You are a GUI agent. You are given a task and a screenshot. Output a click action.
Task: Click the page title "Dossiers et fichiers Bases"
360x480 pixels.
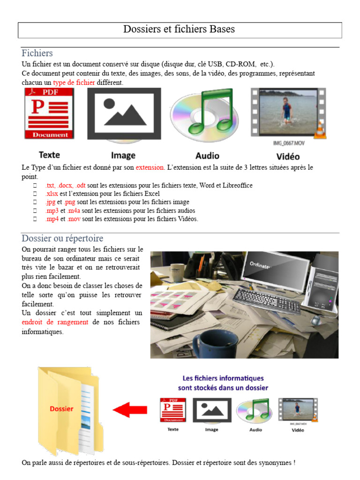tap(179, 30)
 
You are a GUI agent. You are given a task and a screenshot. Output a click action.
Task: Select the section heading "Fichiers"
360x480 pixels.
tap(37, 53)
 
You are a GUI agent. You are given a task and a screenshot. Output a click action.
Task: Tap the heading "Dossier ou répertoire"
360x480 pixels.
tap(62, 238)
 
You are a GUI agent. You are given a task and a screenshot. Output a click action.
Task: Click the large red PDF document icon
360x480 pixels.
tap(49, 114)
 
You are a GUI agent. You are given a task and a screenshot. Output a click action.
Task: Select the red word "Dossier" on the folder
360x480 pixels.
tap(61, 409)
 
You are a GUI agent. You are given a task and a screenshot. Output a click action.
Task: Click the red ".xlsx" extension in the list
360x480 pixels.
tap(52, 194)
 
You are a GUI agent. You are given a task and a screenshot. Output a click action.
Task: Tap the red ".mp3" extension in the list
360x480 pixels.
tap(52, 210)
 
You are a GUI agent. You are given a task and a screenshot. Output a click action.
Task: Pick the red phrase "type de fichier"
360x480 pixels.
tap(74, 82)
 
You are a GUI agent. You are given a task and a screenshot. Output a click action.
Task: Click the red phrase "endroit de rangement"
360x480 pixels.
tap(55, 322)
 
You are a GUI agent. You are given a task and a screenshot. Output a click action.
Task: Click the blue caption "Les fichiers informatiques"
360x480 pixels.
tap(223, 378)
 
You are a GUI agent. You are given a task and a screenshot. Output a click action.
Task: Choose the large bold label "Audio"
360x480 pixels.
tap(207, 156)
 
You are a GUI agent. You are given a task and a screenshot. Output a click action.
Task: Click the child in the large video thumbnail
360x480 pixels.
tap(287, 109)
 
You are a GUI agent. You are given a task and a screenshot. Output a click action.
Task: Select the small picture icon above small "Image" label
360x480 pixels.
tap(212, 410)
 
